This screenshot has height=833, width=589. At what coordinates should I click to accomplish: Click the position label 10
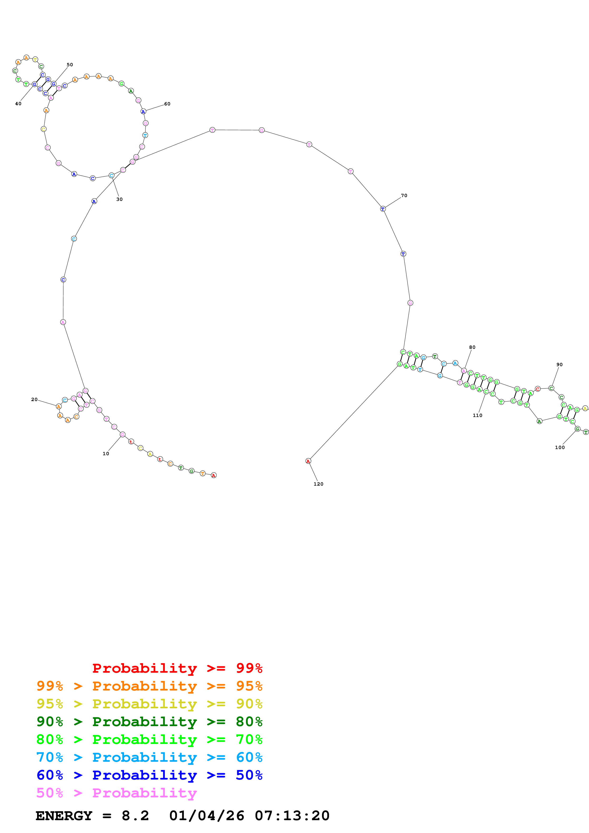click(105, 454)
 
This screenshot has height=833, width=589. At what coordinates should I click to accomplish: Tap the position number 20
click(34, 399)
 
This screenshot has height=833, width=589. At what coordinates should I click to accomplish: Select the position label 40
click(18, 104)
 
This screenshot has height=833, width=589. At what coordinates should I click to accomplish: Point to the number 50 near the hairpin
click(70, 65)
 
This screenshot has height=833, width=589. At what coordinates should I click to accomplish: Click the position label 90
click(559, 365)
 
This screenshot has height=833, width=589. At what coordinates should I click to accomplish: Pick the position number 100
click(560, 447)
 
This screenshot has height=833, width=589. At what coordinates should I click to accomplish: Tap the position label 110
click(477, 415)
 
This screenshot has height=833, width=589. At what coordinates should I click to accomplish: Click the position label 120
click(318, 484)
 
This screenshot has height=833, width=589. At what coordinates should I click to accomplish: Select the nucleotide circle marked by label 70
click(383, 209)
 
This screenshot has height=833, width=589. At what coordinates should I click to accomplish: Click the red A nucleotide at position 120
click(308, 461)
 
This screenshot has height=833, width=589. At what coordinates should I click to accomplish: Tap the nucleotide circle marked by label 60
click(143, 112)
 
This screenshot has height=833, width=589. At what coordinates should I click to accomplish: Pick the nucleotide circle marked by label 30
click(111, 175)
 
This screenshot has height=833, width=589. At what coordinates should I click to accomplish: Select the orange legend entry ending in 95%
click(149, 686)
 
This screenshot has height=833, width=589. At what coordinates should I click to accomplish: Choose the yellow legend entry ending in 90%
click(149, 704)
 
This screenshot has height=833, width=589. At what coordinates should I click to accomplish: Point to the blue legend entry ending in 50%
click(149, 775)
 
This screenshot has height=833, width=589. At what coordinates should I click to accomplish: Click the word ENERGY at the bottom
click(64, 816)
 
